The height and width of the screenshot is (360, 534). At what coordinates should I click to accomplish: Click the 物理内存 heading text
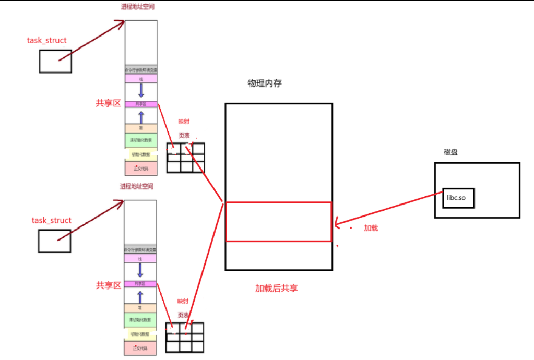point(265,83)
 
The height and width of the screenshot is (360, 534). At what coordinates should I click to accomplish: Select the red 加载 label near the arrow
point(371,229)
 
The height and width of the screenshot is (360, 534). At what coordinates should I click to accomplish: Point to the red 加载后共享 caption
point(277,289)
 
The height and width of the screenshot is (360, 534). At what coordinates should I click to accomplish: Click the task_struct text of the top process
point(47,40)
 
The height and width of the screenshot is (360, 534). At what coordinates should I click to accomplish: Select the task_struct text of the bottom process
point(51,221)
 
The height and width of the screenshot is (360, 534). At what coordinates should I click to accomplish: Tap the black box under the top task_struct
point(55,61)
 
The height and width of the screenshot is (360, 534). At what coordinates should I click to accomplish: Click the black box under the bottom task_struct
point(54,241)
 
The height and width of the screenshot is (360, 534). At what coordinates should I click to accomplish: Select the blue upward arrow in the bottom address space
point(140,296)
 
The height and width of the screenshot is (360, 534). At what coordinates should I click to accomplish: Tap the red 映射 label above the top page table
point(184,122)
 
